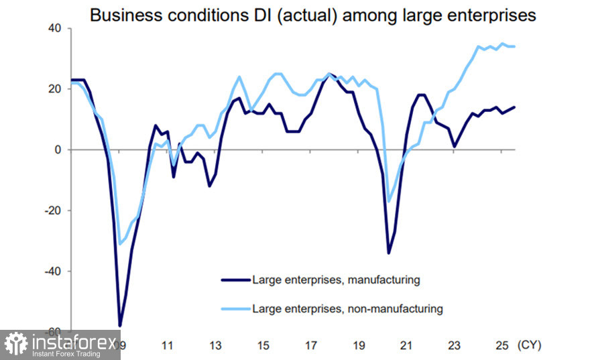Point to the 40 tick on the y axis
tap(54, 28)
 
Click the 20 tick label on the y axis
tap(54, 89)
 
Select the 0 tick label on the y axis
tap(58, 149)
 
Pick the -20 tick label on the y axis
tap(52, 211)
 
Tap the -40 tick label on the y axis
tap(52, 271)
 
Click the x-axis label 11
tap(168, 346)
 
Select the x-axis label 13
tap(215, 346)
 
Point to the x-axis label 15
tap(263, 346)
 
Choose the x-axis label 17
tap(311, 346)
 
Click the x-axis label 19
tap(359, 346)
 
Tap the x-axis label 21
tap(406, 346)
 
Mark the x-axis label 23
tap(454, 346)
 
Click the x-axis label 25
tap(501, 346)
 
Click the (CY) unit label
tap(529, 346)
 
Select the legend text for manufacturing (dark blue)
tap(336, 280)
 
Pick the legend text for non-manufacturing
tap(347, 309)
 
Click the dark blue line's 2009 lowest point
tap(120, 325)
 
